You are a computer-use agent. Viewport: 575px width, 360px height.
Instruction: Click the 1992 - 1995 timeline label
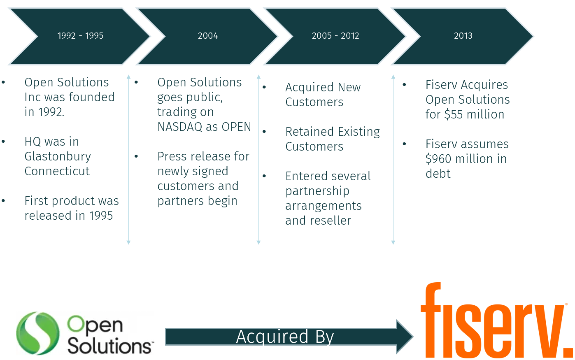81,36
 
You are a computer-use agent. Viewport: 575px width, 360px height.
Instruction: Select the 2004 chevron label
208,36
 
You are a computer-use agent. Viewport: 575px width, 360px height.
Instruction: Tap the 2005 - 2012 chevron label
335,36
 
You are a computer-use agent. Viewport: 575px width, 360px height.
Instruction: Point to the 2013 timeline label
463,36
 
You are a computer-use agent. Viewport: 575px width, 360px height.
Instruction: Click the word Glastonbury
58,157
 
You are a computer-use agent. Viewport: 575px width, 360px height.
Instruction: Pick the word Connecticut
57,171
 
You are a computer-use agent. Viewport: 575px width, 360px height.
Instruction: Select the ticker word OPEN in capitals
236,127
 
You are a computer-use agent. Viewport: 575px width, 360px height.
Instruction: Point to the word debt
438,174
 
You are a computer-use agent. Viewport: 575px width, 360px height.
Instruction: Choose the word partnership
317,191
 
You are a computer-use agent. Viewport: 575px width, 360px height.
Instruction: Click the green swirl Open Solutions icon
37,333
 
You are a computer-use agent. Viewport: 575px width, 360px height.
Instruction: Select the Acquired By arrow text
285,337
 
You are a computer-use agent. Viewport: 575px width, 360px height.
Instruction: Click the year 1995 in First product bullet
101,216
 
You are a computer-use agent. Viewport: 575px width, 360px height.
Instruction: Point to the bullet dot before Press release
136,156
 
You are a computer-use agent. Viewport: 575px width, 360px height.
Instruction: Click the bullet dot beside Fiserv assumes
405,144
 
